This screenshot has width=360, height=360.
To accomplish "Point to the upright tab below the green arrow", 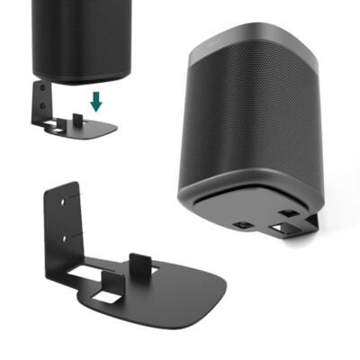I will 79,117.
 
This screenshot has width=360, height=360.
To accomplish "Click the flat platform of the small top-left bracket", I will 90,126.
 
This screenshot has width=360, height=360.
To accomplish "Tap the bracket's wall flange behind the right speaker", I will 310,220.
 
